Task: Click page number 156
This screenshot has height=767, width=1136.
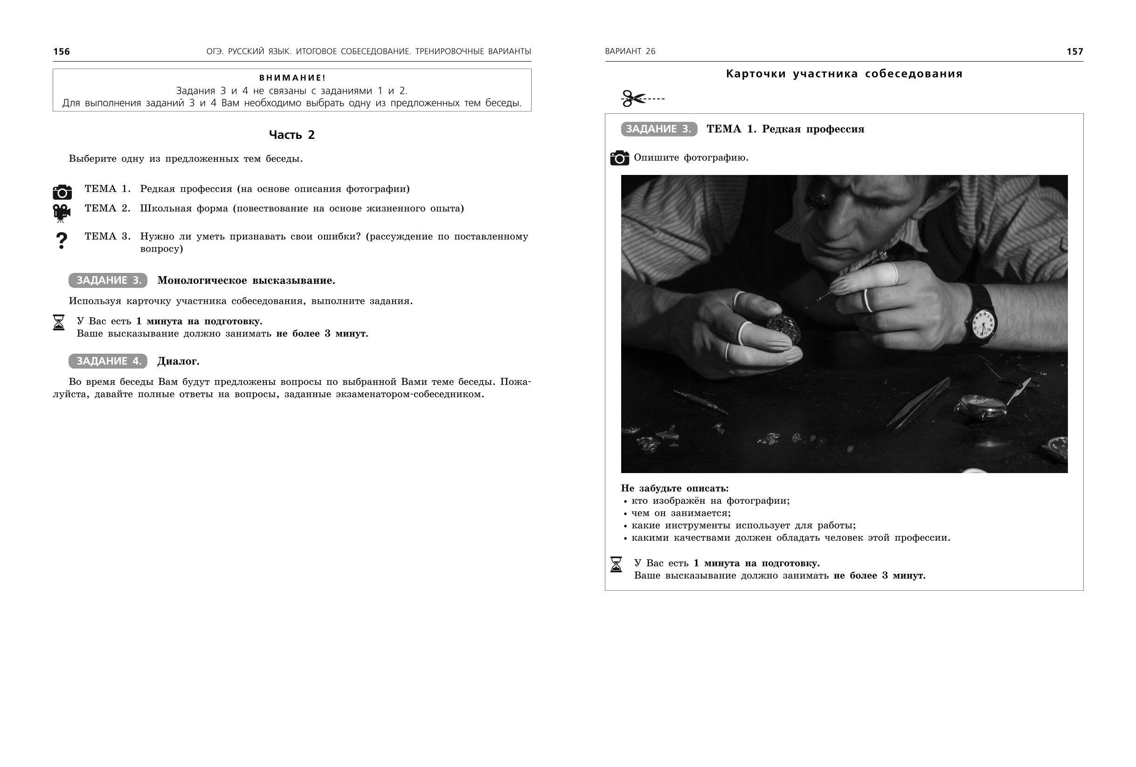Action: [x=62, y=51]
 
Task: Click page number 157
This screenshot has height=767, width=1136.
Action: [x=1074, y=51]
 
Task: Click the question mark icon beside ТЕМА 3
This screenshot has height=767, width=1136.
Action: [x=62, y=241]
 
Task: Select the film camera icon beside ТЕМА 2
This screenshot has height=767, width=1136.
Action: [x=62, y=213]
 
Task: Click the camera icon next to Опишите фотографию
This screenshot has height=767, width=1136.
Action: [x=619, y=158]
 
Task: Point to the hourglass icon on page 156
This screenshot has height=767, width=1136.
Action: [x=59, y=322]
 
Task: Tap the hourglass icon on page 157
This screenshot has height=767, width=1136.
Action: [x=616, y=564]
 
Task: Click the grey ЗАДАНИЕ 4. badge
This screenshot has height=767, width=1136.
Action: [x=108, y=361]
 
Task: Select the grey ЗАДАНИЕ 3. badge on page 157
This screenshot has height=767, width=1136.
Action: [x=659, y=129]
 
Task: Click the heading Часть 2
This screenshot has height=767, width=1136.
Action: [x=292, y=135]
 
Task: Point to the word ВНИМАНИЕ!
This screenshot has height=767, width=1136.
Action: [x=292, y=78]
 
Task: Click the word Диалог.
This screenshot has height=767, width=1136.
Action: [x=179, y=362]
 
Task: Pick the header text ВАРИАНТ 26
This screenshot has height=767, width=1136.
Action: [x=630, y=51]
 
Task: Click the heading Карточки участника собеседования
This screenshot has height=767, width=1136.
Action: [x=844, y=74]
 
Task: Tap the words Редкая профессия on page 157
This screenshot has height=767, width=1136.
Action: [x=813, y=129]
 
